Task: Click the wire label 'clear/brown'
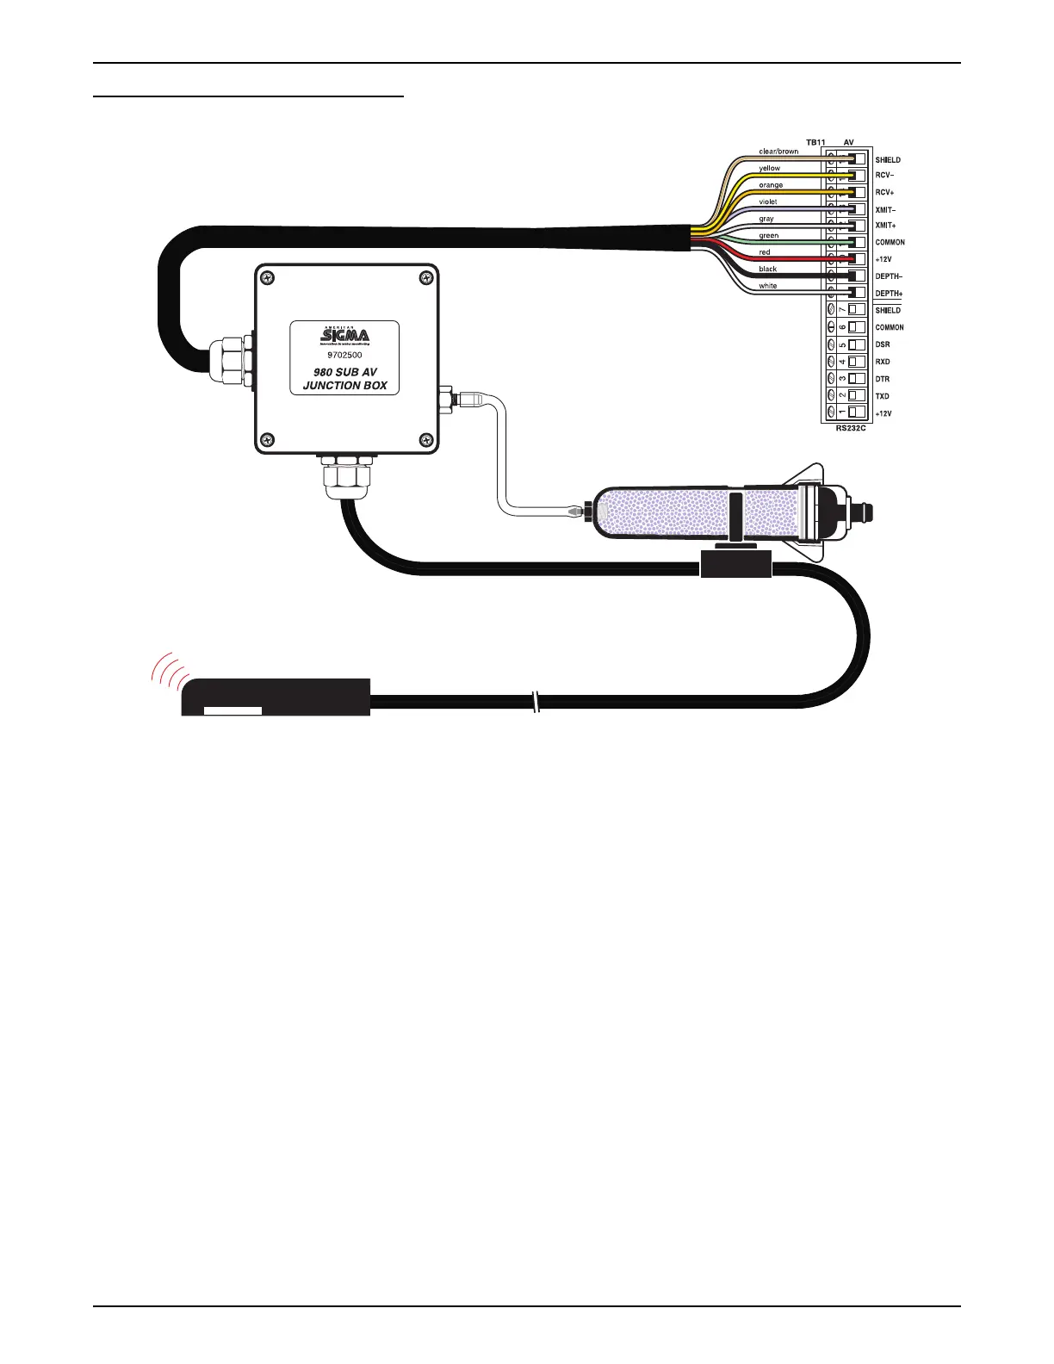778,152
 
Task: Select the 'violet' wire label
767,201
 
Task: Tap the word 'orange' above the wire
771,185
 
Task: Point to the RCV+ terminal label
886,192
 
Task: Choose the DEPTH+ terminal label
889,294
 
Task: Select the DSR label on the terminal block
883,344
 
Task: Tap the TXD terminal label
883,396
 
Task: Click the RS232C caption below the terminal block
851,428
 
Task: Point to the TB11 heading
815,142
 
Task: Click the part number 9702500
344,354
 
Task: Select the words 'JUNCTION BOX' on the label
344,386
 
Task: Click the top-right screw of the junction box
425,277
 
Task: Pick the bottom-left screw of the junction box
268,438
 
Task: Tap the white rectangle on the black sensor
232,710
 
